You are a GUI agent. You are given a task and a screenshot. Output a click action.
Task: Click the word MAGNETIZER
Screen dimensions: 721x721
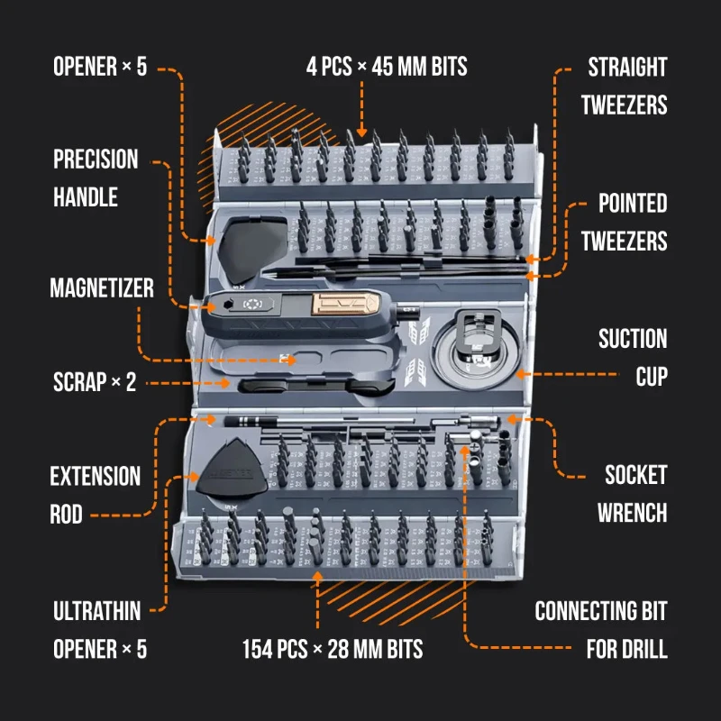[102, 288]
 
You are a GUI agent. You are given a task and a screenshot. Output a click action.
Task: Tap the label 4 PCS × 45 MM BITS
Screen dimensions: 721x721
[387, 66]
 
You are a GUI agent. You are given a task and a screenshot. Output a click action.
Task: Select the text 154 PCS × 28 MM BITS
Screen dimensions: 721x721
[333, 649]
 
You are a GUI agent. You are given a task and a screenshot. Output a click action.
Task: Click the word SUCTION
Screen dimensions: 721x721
[633, 339]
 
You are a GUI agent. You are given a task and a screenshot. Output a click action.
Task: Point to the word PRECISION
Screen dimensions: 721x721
[96, 160]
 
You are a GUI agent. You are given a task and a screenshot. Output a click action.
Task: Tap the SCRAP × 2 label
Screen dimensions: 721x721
[95, 382]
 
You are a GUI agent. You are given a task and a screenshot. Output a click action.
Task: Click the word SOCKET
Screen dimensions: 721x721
[636, 475]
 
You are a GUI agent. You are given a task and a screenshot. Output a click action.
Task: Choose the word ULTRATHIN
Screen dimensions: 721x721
[97, 611]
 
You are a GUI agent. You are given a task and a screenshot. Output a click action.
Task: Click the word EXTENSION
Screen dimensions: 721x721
[96, 477]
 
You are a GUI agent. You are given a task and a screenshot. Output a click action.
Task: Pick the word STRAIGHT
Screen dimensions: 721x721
[627, 67]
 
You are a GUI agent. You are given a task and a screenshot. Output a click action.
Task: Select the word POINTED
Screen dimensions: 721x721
[633, 204]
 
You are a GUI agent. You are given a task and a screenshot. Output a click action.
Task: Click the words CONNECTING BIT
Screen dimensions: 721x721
[601, 611]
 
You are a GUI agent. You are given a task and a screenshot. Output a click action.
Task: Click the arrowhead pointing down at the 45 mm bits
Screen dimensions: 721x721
[362, 132]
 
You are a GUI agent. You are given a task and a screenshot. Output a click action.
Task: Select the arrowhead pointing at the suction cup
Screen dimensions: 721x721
[521, 374]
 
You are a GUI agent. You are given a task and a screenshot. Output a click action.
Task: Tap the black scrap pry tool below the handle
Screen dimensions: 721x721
[317, 386]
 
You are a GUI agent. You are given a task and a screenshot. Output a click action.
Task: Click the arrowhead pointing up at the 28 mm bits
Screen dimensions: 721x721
[317, 577]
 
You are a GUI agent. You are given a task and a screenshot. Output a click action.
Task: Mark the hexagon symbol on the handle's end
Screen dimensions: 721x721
[227, 305]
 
